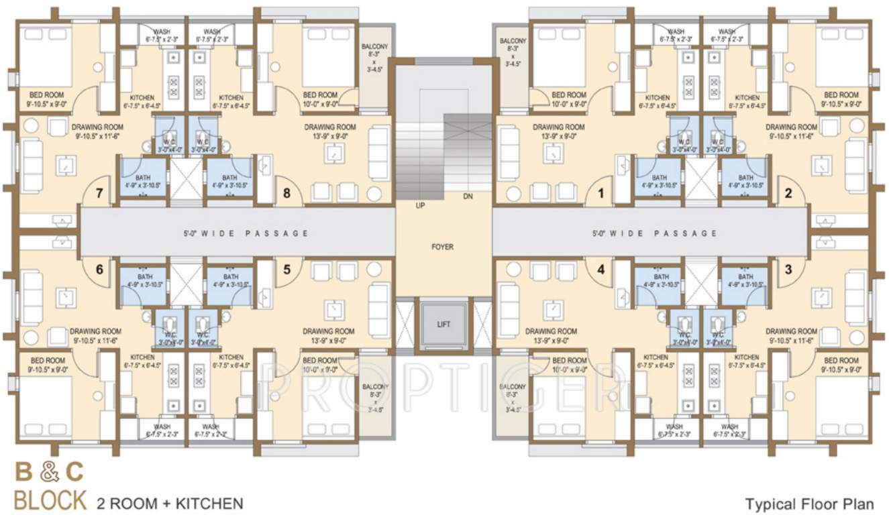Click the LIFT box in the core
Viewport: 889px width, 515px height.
tap(442, 325)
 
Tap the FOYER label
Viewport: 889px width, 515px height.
tap(442, 247)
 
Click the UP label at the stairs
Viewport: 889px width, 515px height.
tap(420, 205)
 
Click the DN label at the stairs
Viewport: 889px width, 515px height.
tap(468, 196)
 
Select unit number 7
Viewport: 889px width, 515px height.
tap(99, 194)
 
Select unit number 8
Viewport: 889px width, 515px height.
tap(286, 194)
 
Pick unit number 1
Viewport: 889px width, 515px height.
tap(601, 194)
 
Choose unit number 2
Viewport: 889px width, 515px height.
tap(788, 194)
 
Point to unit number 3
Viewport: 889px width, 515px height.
tap(788, 270)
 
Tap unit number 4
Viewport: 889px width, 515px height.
tap(601, 270)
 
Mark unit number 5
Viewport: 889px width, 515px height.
tap(286, 270)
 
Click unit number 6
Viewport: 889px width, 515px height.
tap(99, 270)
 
